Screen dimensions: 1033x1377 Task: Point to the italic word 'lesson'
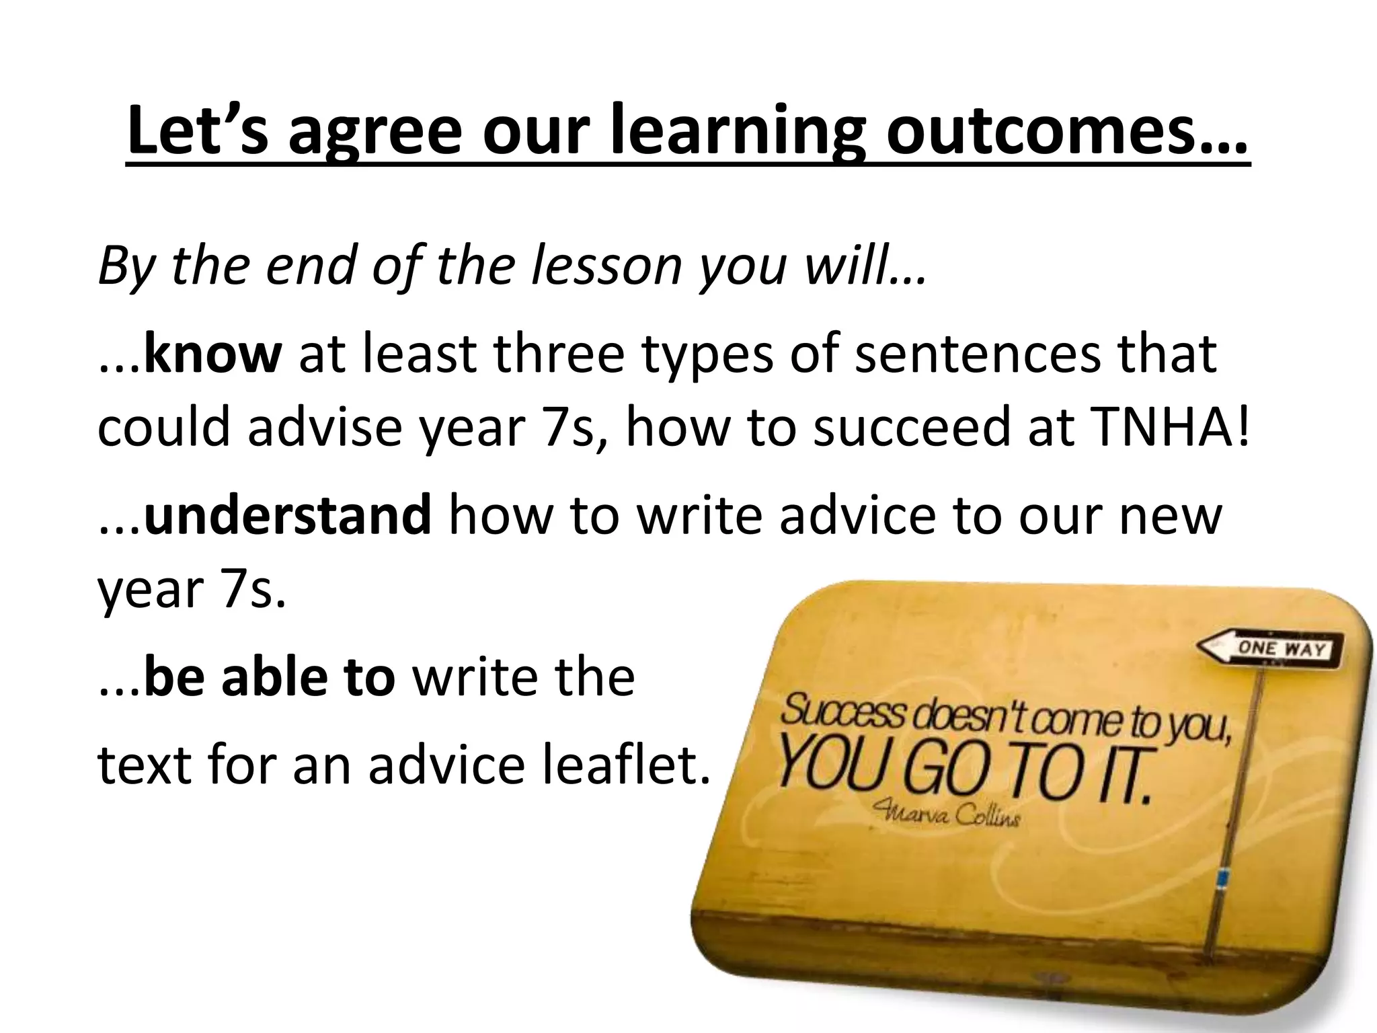[x=608, y=266]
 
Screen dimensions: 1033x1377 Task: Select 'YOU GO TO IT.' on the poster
[x=966, y=773]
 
